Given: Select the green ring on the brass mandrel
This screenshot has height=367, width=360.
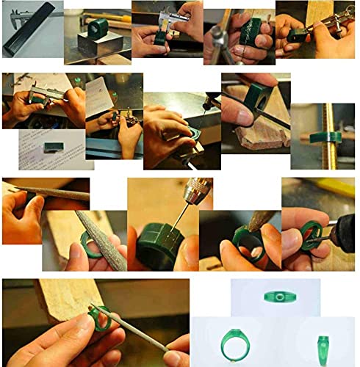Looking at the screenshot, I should click(324, 137).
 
